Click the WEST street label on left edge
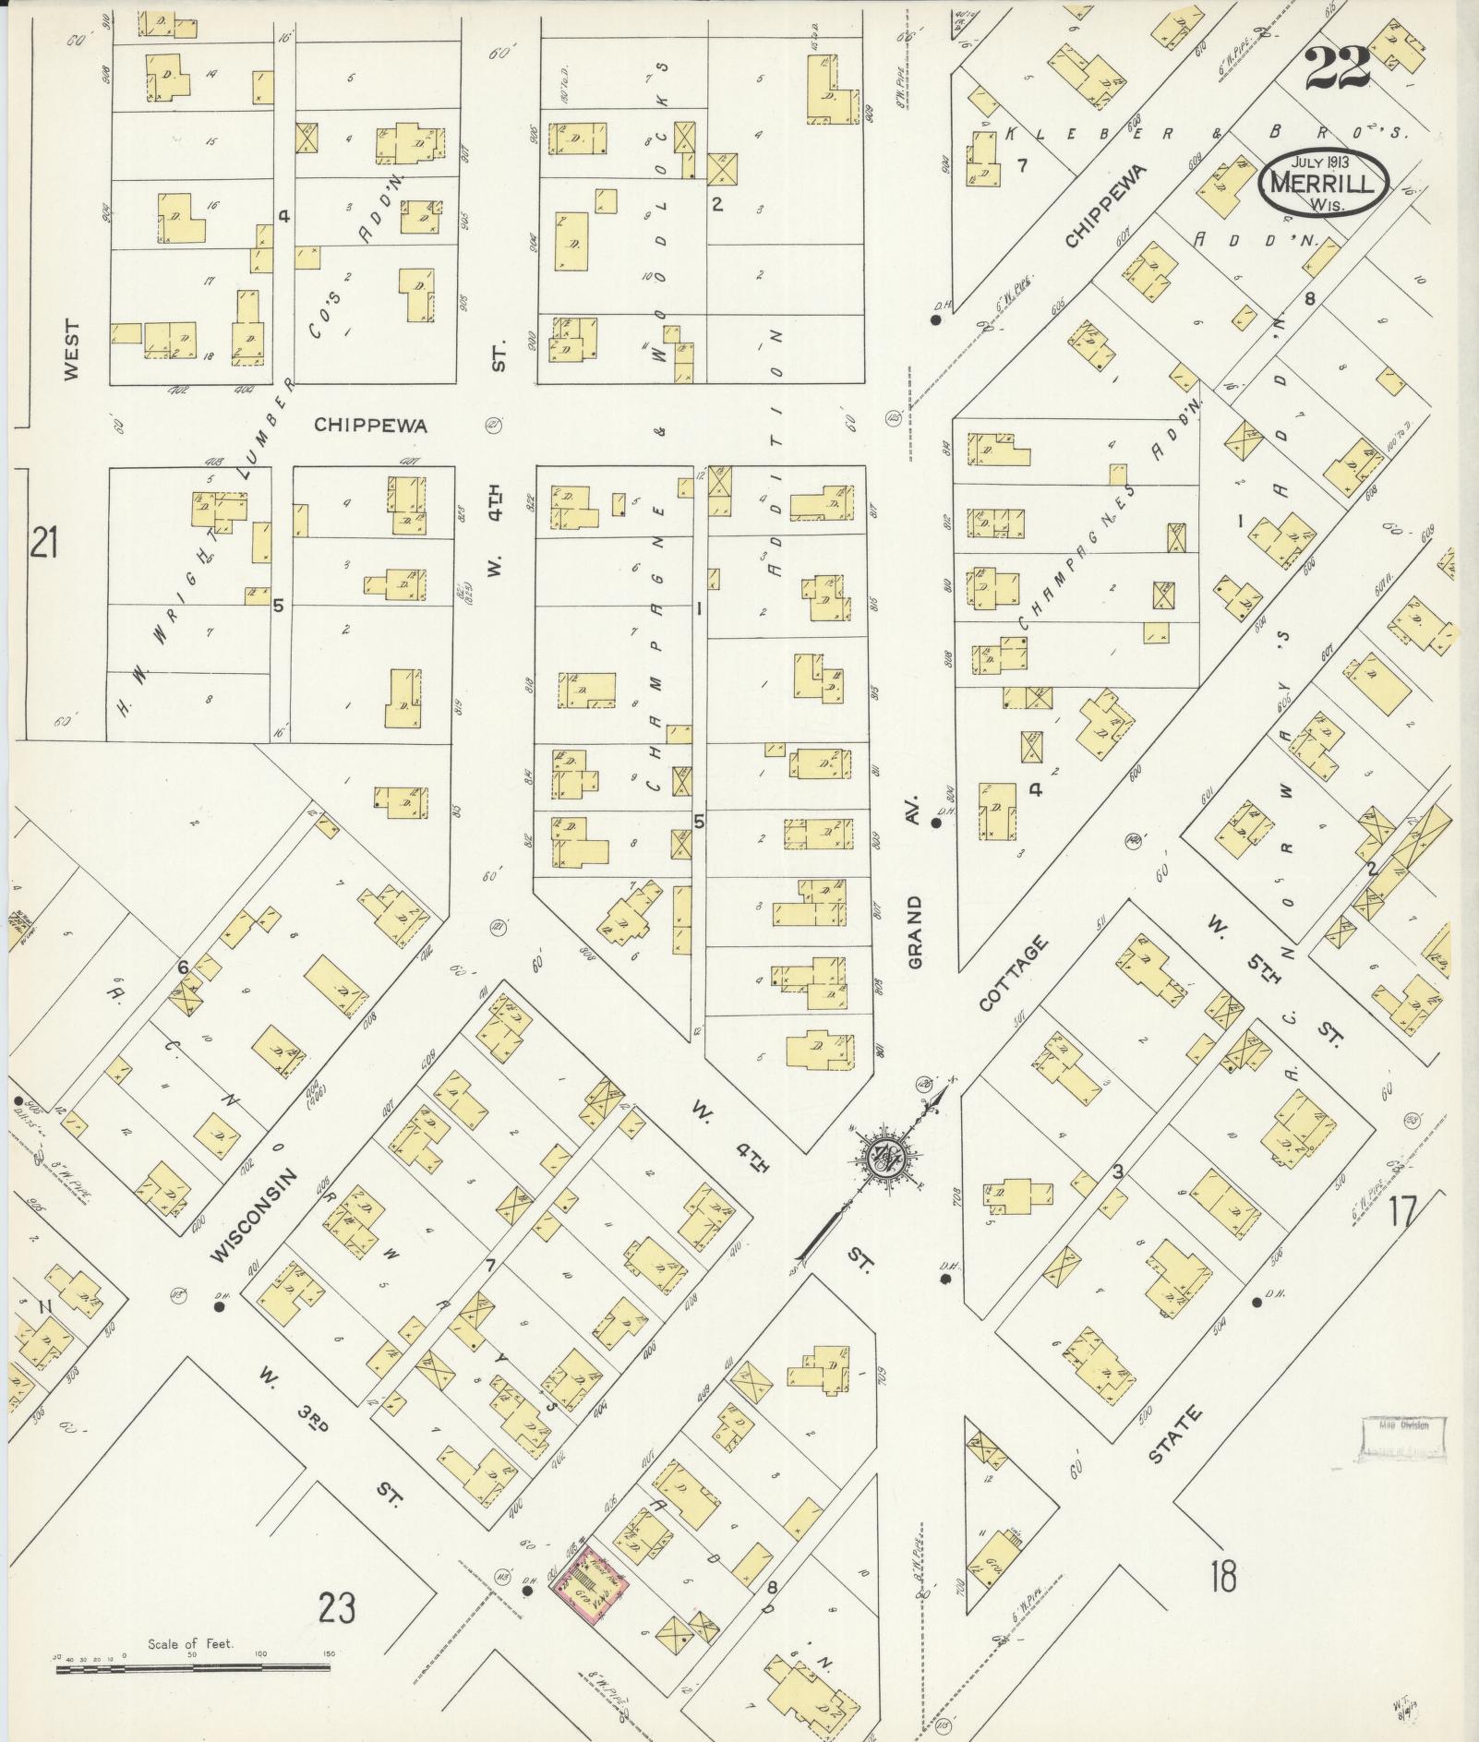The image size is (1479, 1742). pos(72,350)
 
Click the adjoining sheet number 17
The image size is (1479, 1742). pos(1401,1210)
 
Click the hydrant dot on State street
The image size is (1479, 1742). pos(1257,1303)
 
